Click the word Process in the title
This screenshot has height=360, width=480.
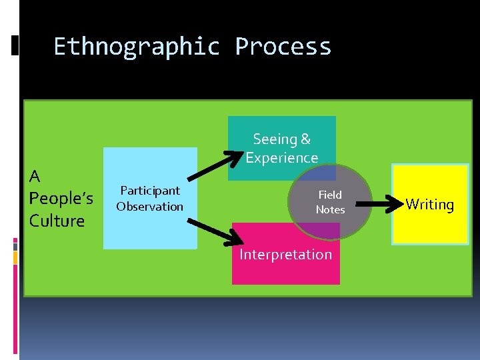click(x=283, y=47)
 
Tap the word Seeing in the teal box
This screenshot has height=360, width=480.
click(x=274, y=139)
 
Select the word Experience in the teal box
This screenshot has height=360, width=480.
click(x=282, y=158)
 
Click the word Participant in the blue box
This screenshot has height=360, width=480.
click(x=150, y=191)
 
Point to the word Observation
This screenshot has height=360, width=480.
click(x=150, y=207)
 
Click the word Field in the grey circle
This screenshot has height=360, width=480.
click(x=330, y=195)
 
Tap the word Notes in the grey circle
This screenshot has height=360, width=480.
click(x=330, y=209)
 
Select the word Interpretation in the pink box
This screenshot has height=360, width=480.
click(x=285, y=254)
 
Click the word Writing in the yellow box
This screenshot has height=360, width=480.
click(x=429, y=204)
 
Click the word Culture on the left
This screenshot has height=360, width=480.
click(x=57, y=221)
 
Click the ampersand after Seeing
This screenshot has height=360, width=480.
click(x=305, y=139)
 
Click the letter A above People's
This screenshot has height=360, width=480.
click(x=35, y=177)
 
